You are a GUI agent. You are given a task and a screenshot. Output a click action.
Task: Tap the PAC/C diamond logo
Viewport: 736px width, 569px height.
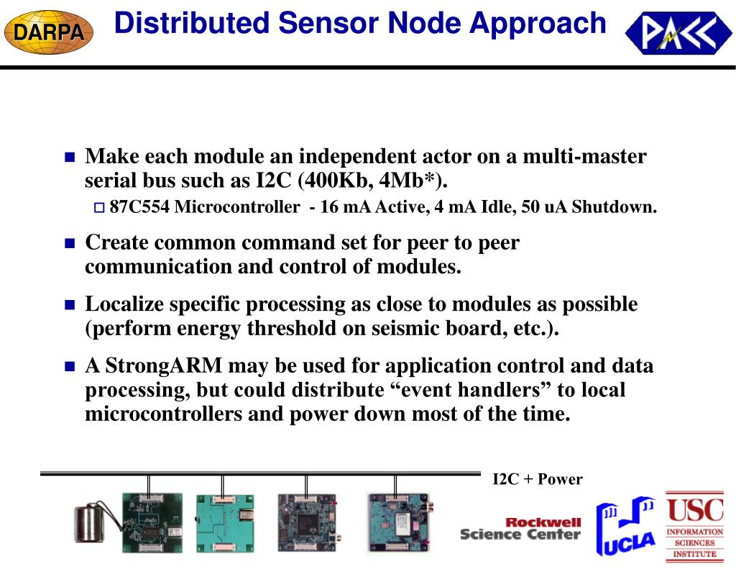point(678,33)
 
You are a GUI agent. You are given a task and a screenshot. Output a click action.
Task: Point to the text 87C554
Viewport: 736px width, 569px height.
point(139,208)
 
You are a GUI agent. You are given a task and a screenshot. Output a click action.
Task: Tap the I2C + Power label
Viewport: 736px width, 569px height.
point(537,480)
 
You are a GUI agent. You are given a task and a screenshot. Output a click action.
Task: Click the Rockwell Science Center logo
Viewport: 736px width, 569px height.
point(520,529)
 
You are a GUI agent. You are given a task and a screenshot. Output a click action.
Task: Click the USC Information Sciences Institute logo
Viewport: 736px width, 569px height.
point(694,526)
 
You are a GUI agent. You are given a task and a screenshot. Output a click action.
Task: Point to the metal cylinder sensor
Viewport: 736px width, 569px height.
point(91,522)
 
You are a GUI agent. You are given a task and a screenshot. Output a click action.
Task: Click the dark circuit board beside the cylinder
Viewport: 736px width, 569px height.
point(152,521)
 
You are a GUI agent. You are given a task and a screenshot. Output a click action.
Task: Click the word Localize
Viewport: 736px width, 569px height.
point(126,304)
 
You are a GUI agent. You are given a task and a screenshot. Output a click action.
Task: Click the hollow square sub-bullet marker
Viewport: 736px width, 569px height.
point(99,209)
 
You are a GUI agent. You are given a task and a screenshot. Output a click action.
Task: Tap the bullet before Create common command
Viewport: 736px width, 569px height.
point(70,243)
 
